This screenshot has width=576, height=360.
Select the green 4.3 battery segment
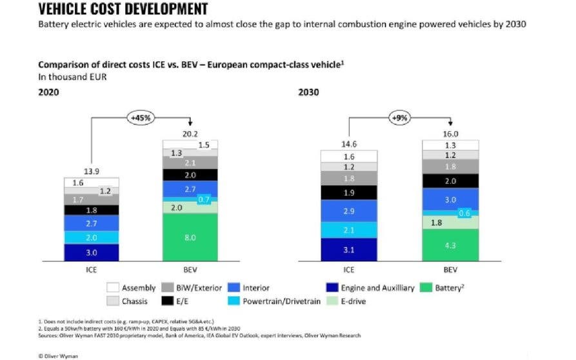[x=451, y=246]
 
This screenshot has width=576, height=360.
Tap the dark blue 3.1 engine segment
[x=349, y=250]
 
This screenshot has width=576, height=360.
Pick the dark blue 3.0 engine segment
[x=91, y=252]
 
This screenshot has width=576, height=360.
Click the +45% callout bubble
[x=139, y=118]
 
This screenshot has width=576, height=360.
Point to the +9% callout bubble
[x=400, y=118]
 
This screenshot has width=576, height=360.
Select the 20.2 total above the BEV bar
[x=189, y=132]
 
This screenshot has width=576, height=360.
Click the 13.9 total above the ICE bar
[x=91, y=172]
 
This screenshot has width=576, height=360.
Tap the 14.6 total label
[x=349, y=145]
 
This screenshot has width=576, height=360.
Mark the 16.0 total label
[x=451, y=132]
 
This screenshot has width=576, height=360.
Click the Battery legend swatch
[x=426, y=288]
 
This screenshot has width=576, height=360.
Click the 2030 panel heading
[x=308, y=92]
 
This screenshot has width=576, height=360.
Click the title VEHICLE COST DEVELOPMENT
[x=123, y=9]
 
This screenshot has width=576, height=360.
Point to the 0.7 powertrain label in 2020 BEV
[x=204, y=199]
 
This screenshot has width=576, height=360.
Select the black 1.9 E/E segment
[x=349, y=193]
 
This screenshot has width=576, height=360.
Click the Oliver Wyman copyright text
[x=59, y=355]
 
